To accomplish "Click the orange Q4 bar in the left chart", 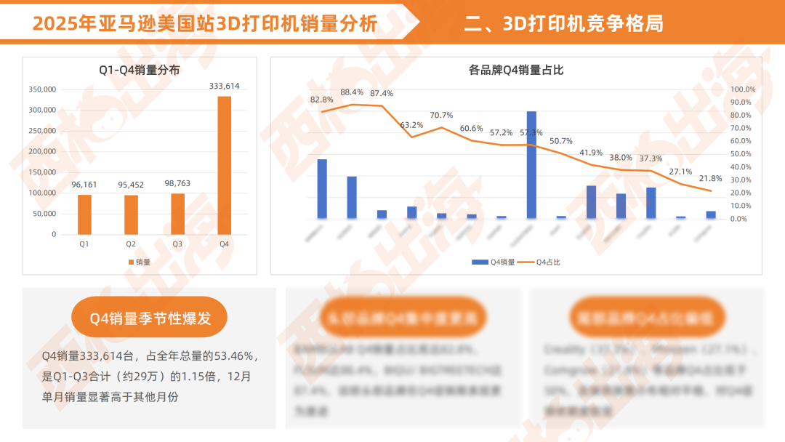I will [224, 165].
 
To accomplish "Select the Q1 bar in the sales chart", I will [84, 214].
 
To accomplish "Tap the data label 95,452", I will [131, 185].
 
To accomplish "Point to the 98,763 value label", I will [177, 183].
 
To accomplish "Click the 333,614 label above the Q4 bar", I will [224, 86].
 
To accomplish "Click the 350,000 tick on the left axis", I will [42, 89].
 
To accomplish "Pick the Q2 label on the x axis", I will [131, 244].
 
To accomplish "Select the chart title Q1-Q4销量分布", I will [140, 70].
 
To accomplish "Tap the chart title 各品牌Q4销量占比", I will [516, 70].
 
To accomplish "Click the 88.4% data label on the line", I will [352, 92].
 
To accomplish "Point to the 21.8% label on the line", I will [710, 178].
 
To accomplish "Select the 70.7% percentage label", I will [441, 115].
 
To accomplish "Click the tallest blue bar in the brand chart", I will [531, 165].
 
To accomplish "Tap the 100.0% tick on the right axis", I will [743, 89].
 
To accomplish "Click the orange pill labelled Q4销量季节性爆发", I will [150, 318].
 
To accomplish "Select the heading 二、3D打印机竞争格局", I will [563, 24].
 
